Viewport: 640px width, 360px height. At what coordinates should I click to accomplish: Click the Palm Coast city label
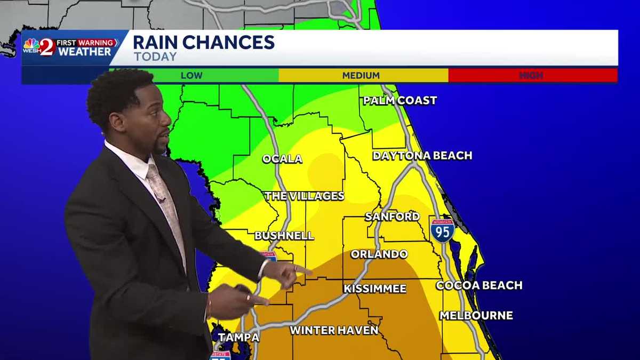[399, 100]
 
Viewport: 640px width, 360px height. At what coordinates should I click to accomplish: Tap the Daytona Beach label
[422, 156]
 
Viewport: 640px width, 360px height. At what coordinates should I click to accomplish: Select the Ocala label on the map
[282, 159]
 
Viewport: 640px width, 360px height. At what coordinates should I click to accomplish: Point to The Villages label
[304, 196]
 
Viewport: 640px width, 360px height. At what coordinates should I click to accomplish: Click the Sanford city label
[392, 217]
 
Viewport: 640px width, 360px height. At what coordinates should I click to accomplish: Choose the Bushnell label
[284, 236]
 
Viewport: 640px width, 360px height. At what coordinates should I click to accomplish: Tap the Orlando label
[379, 254]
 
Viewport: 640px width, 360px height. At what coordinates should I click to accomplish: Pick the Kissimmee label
[375, 289]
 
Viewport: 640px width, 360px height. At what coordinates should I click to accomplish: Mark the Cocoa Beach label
[479, 285]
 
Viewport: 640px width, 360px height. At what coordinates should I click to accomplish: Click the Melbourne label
[476, 316]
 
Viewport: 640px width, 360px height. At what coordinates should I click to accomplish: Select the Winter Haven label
[334, 331]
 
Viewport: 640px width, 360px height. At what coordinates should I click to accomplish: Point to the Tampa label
[238, 338]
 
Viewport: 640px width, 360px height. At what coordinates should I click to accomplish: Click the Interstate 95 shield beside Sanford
[443, 230]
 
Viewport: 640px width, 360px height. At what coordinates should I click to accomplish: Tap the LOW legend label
[191, 76]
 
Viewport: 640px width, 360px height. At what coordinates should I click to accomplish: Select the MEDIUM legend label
[361, 76]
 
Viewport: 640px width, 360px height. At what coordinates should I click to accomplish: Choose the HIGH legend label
[531, 76]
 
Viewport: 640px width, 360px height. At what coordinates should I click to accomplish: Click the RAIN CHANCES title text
[203, 42]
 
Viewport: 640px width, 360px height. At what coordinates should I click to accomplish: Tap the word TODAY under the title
[155, 57]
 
